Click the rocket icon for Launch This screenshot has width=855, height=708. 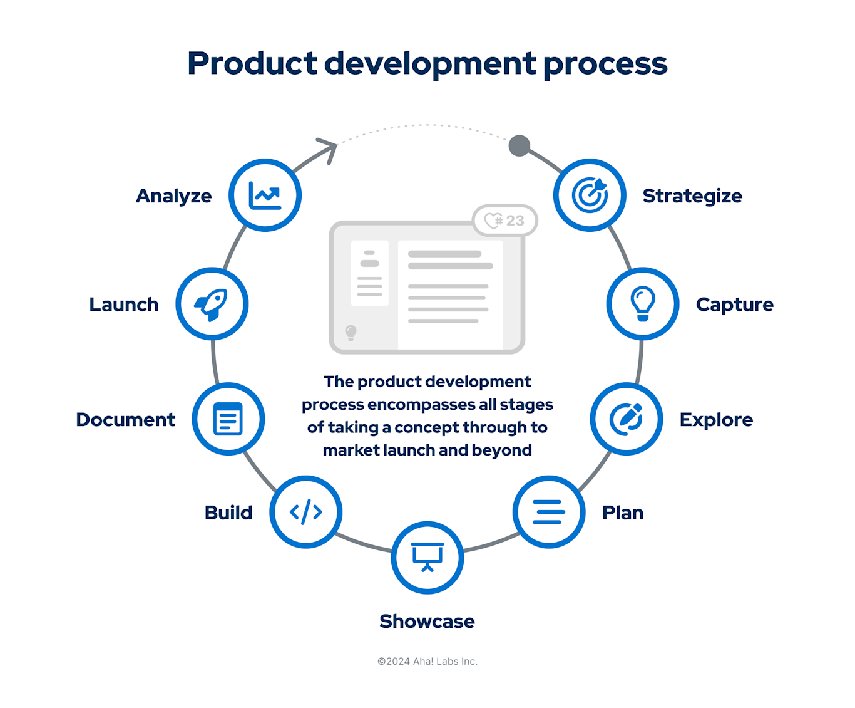click(x=212, y=304)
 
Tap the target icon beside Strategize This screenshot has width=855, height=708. click(x=590, y=195)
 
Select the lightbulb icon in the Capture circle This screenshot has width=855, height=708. click(x=642, y=304)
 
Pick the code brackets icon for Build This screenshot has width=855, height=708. click(x=305, y=512)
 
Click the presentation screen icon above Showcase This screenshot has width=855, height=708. click(x=427, y=557)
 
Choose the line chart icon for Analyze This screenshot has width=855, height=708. click(x=265, y=195)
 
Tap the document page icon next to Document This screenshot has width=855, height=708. click(x=228, y=419)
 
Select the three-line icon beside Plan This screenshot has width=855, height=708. click(x=548, y=512)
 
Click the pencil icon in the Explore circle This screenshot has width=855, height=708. click(x=627, y=418)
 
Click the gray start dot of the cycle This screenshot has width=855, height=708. click(x=519, y=146)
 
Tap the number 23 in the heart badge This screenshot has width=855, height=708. click(x=515, y=221)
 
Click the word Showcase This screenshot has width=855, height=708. click(x=427, y=621)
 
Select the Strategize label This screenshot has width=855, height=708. click(x=692, y=195)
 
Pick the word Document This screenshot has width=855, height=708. click(x=125, y=419)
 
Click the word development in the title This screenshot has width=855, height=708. click(x=430, y=63)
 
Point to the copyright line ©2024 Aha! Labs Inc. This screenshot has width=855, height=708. click(x=427, y=661)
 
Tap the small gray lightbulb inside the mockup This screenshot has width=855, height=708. click(x=351, y=332)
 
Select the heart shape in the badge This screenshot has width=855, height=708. click(x=493, y=221)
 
